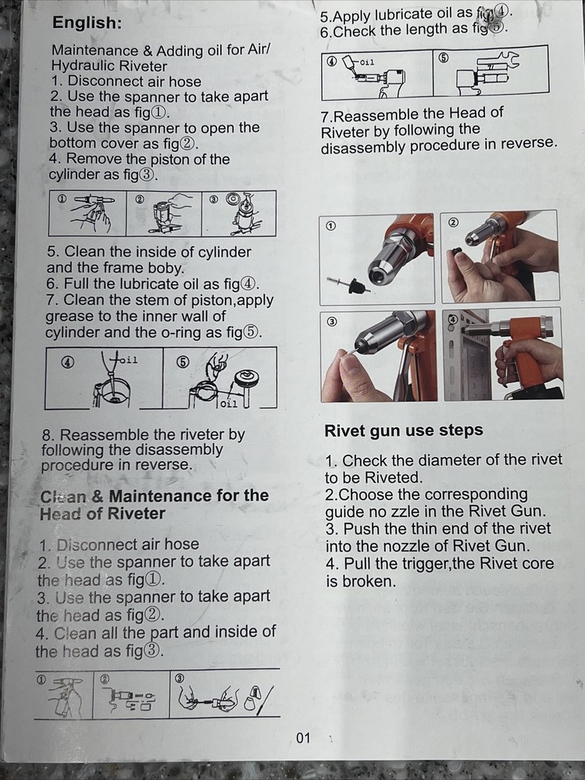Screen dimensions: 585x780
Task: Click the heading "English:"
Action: pos(87,23)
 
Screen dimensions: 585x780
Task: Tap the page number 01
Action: pos(303,738)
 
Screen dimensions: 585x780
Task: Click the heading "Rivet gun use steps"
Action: pos(404,431)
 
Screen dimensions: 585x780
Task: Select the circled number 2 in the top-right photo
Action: pos(454,222)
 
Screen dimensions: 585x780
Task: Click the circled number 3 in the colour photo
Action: pos(331,321)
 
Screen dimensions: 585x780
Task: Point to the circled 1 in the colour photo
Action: pos(330,226)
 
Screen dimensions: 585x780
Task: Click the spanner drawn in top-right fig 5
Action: pos(499,61)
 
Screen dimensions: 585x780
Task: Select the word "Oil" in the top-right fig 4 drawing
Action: pos(367,62)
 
